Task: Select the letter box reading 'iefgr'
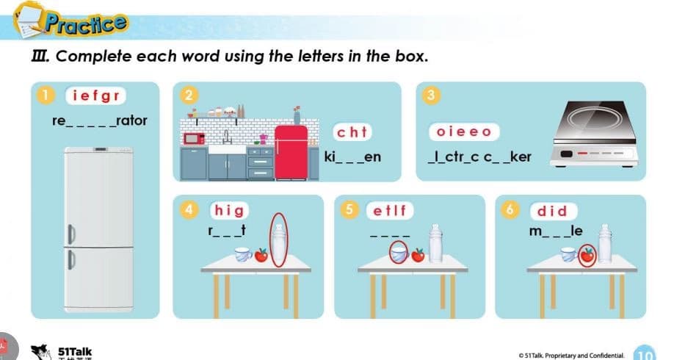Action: pos(95,96)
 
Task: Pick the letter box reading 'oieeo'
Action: pos(463,132)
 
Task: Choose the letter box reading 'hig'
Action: pos(229,209)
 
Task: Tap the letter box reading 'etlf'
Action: pos(389,209)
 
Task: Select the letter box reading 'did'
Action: pos(553,210)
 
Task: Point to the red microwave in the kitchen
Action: pos(194,137)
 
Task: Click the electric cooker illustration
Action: pos(596,134)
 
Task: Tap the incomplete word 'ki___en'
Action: pos(352,157)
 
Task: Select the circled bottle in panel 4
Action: pos(278,240)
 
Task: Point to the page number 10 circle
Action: pos(644,352)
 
